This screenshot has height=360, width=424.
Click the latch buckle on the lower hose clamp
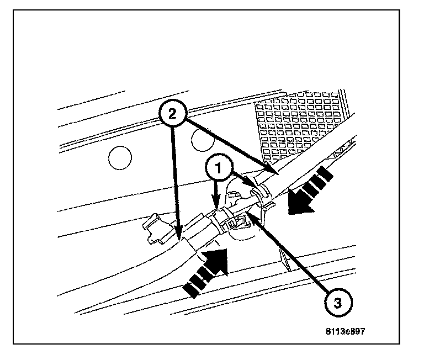pyautogui.click(x=232, y=223)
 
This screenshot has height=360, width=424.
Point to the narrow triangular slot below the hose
pyautogui.click(x=285, y=259)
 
